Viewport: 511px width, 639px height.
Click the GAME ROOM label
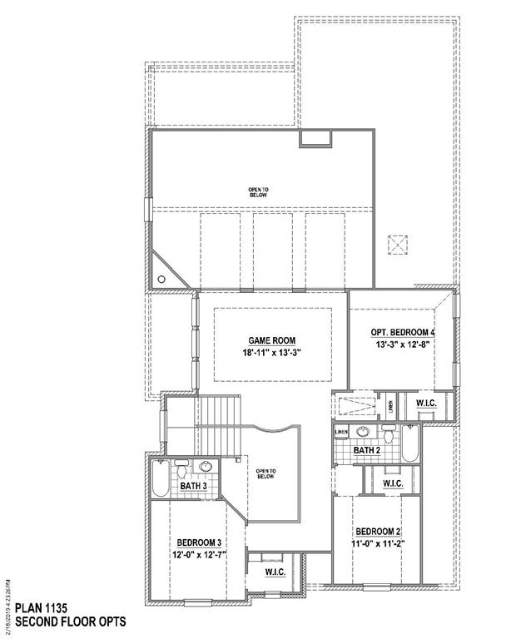pos(271,339)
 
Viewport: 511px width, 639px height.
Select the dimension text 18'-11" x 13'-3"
pos(271,353)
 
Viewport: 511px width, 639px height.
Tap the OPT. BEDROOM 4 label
pos(403,333)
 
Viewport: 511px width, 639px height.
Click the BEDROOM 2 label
pos(379,531)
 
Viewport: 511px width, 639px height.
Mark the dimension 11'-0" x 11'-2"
pos(379,544)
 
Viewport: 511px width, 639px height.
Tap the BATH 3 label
pos(194,485)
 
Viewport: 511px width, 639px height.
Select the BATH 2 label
pos(366,450)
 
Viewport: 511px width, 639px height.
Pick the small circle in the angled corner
pos(162,280)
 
